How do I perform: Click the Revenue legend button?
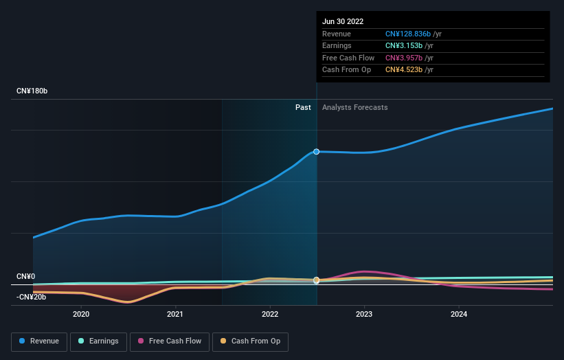pyautogui.click(x=39, y=341)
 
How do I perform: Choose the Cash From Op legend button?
pyautogui.click(x=249, y=341)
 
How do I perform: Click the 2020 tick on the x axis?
pyautogui.click(x=81, y=314)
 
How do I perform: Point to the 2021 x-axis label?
pyautogui.click(x=175, y=314)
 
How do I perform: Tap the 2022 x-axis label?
pyautogui.click(x=270, y=314)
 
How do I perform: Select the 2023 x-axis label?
pyautogui.click(x=364, y=314)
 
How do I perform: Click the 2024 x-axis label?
pyautogui.click(x=459, y=314)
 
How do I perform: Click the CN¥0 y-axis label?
pyautogui.click(x=25, y=276)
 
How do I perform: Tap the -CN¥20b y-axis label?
pyautogui.click(x=32, y=297)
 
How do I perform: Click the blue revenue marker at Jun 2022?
pyautogui.click(x=317, y=151)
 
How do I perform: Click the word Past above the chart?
pyautogui.click(x=303, y=107)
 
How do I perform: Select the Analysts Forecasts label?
pyautogui.click(x=354, y=107)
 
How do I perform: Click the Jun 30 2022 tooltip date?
pyautogui.click(x=343, y=21)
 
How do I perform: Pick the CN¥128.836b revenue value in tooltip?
pyautogui.click(x=407, y=34)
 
